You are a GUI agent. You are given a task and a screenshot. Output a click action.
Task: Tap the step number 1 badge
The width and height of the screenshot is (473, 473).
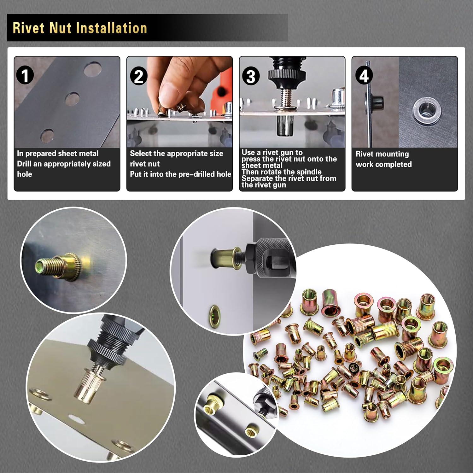pos(25,76)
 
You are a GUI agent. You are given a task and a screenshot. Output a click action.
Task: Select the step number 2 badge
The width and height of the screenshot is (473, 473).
pos(138,76)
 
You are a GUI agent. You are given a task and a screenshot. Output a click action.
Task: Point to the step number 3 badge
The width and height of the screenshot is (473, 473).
pos(251,76)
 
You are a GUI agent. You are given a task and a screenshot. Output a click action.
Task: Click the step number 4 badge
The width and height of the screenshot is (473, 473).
pos(364,76)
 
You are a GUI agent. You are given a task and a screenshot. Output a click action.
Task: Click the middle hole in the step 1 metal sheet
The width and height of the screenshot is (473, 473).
pos(72,99)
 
